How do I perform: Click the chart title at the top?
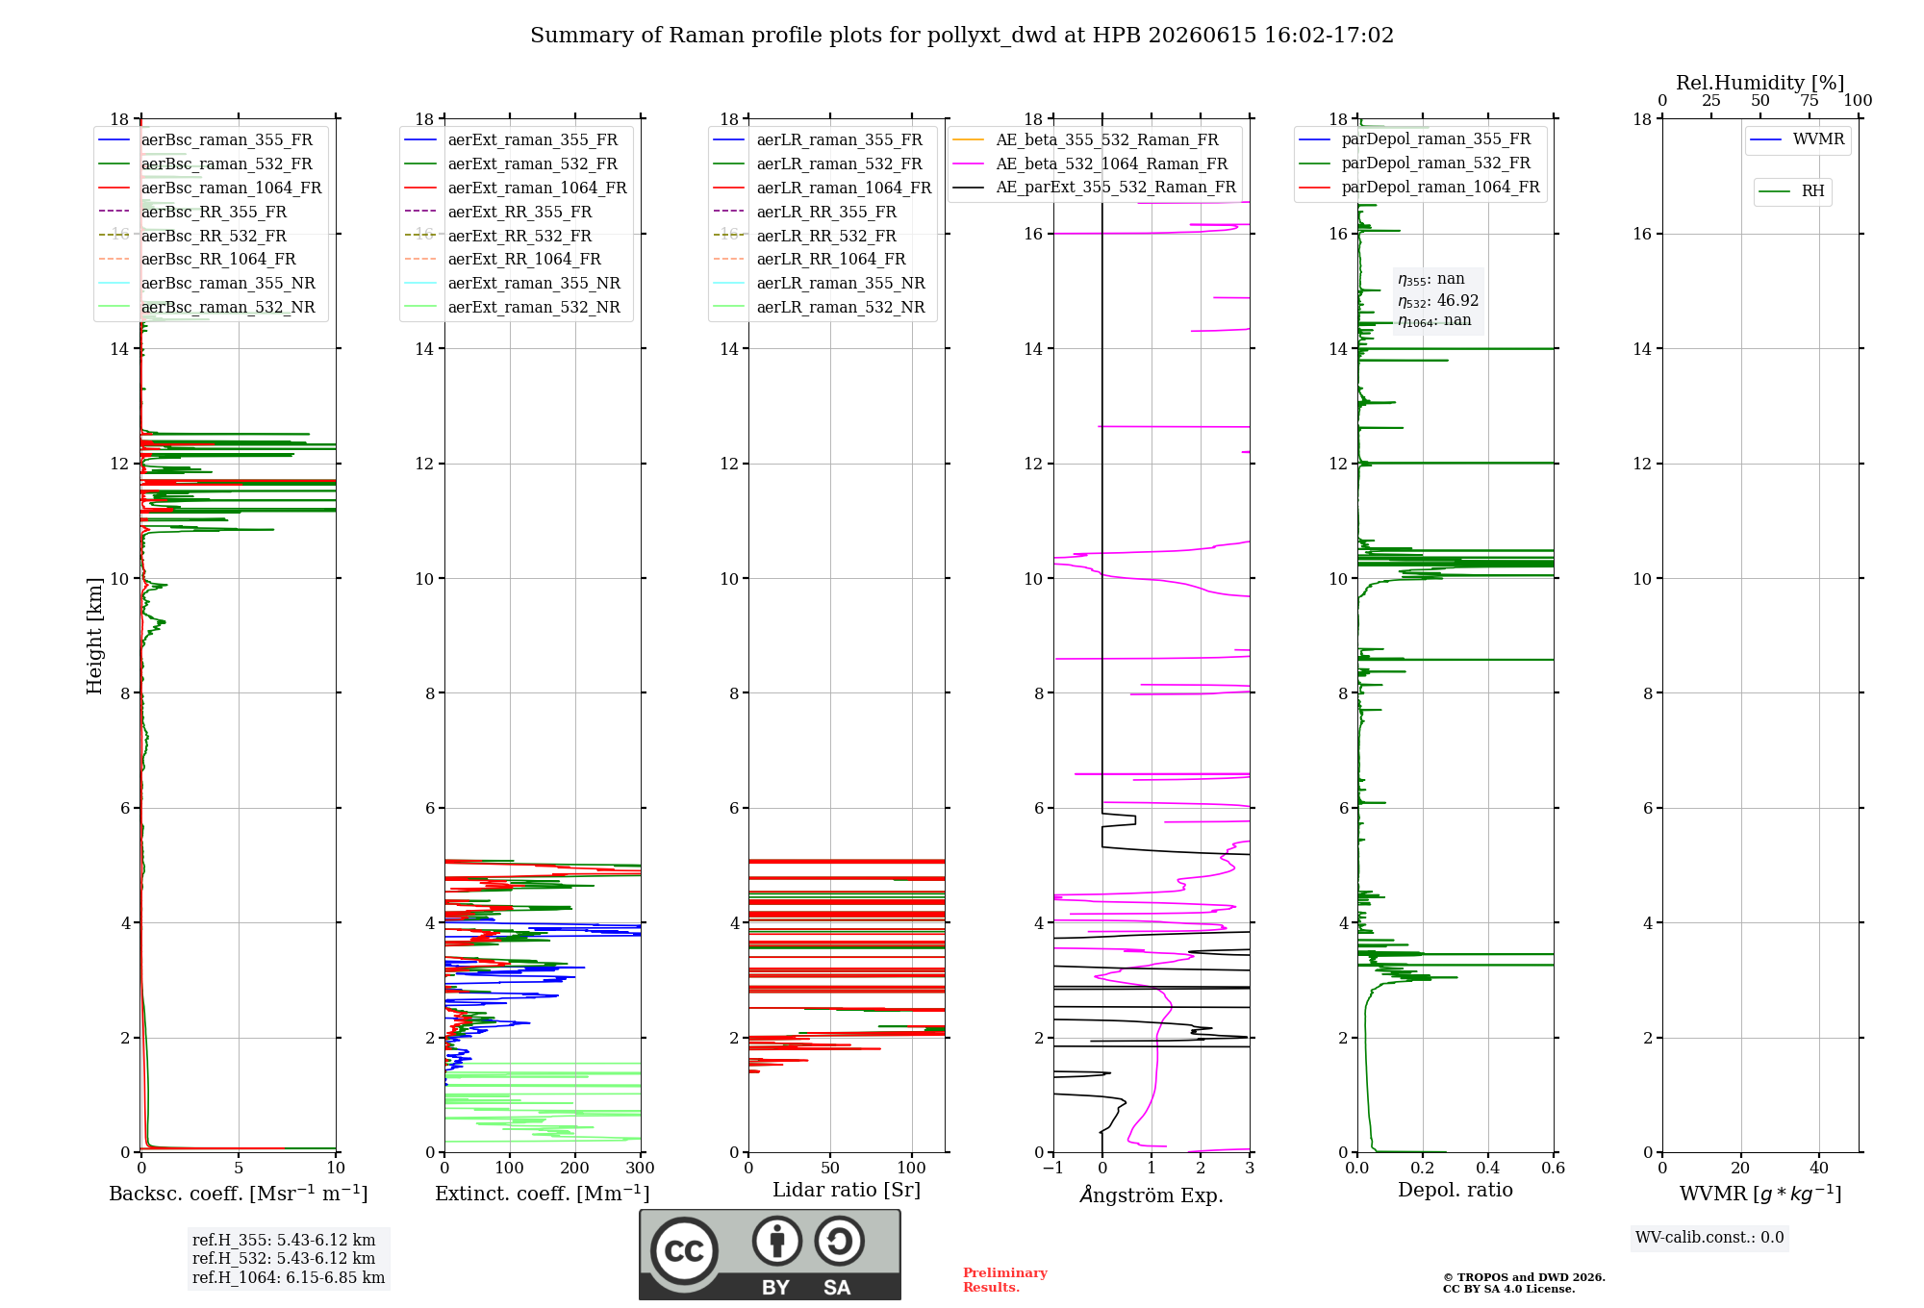click(x=962, y=36)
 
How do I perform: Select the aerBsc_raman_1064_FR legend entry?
click(x=210, y=188)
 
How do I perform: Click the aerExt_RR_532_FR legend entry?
click(x=498, y=236)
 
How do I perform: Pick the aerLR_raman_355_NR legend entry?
click(x=819, y=283)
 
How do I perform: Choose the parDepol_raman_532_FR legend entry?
click(x=1414, y=163)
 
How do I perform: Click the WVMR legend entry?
click(x=1797, y=139)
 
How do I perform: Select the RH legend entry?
click(x=1791, y=191)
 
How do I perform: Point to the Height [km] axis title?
click(x=94, y=636)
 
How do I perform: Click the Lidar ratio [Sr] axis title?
click(x=847, y=1190)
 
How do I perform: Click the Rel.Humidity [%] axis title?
click(x=1760, y=83)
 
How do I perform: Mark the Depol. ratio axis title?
click(x=1456, y=1190)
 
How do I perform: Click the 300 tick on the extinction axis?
click(x=641, y=1168)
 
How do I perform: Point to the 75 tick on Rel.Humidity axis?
click(x=1810, y=100)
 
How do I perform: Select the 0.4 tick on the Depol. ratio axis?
click(x=1488, y=1168)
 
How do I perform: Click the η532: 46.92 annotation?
click(x=1438, y=301)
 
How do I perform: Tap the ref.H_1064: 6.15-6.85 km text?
click(x=289, y=1277)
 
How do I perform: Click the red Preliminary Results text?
click(x=1005, y=1280)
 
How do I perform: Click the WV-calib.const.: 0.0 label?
click(x=1709, y=1238)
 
